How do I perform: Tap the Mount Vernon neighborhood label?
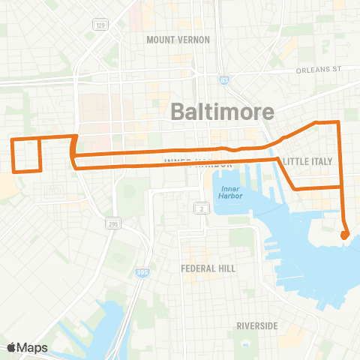[x=178, y=39]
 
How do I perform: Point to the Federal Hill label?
[x=208, y=268]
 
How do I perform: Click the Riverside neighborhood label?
[x=257, y=325]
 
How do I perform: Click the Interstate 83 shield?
[x=224, y=58]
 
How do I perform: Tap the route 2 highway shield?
[x=201, y=207]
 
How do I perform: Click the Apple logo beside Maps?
[x=12, y=347]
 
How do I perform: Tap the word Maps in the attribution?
[x=33, y=347]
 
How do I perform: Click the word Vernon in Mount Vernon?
[x=193, y=39]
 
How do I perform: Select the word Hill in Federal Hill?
[x=226, y=268]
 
